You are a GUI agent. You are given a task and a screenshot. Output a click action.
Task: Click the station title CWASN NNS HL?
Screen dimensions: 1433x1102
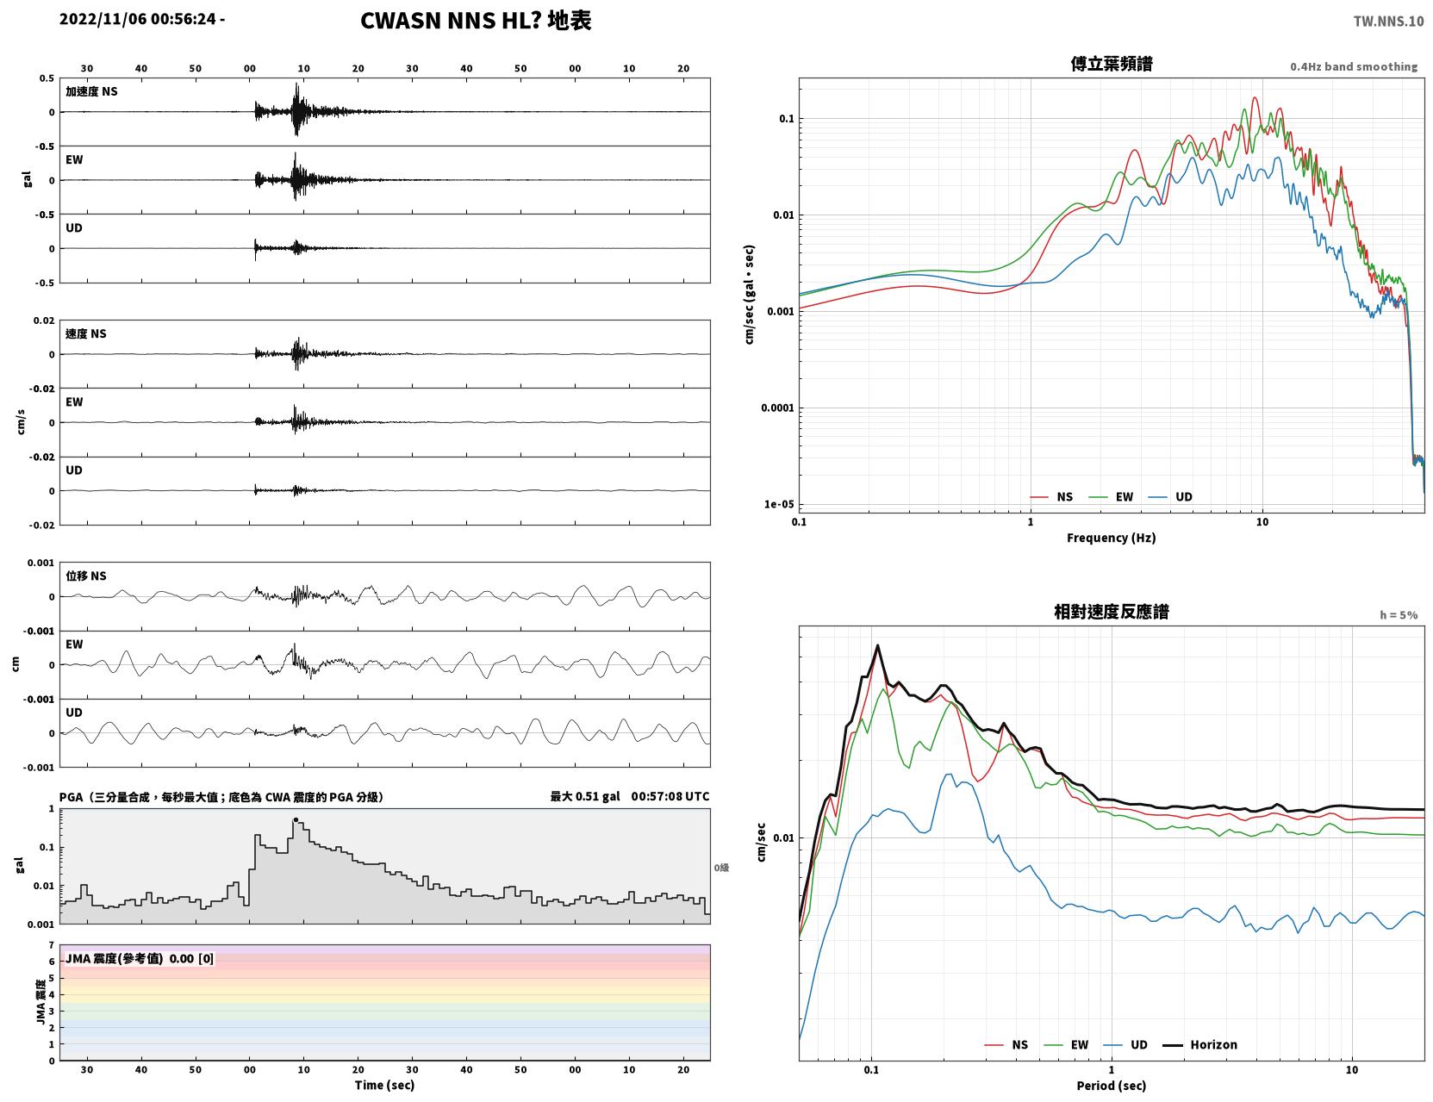[451, 21]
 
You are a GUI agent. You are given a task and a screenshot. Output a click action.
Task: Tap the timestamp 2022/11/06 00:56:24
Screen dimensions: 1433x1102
[137, 19]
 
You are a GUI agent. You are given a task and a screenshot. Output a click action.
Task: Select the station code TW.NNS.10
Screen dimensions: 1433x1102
[1388, 21]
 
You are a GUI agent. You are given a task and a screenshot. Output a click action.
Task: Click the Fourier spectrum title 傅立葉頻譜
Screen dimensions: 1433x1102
[1112, 64]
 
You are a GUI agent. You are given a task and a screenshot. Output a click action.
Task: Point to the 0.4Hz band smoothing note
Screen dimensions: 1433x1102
[1353, 66]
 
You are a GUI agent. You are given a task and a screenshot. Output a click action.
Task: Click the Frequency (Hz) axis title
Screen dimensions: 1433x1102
[1112, 538]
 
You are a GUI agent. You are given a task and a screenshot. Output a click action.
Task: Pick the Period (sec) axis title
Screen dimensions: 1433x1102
[1112, 1086]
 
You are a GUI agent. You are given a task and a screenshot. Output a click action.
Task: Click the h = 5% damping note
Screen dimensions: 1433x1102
[1398, 615]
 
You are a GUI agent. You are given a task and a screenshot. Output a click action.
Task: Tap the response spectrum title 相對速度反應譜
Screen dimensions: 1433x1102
[1112, 612]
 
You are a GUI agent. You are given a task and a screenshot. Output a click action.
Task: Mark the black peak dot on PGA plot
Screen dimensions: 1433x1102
[296, 820]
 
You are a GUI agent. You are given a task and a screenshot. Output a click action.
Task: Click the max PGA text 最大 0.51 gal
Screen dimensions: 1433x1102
[585, 796]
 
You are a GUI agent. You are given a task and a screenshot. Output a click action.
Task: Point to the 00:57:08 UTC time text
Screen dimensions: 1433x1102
[670, 796]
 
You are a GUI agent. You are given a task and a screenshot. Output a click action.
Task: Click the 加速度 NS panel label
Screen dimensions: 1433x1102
[91, 91]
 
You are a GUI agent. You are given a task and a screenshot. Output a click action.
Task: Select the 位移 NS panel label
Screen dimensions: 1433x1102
[85, 576]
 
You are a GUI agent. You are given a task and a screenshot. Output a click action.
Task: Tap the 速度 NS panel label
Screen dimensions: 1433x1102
[85, 334]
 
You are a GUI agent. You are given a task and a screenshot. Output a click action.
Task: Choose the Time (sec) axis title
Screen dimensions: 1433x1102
[384, 1085]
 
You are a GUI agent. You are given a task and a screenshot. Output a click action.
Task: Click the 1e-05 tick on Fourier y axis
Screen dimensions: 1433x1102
[779, 504]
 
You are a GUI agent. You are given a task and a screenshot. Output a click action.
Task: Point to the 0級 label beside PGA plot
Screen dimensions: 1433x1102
[721, 868]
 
